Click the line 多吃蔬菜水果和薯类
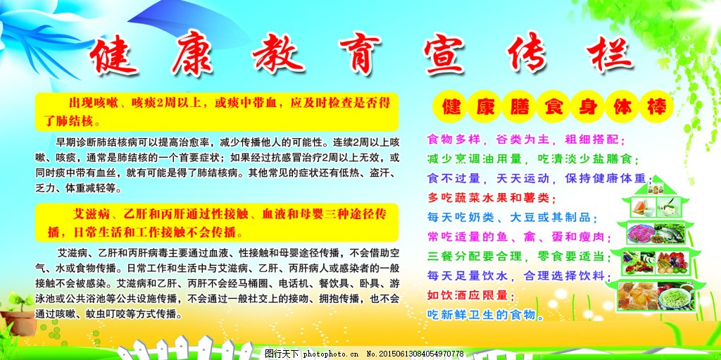click(491, 198)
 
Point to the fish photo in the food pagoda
click(669, 233)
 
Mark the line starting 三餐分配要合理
click(519, 256)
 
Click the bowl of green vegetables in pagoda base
click(675, 296)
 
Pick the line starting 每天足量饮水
click(519, 275)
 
